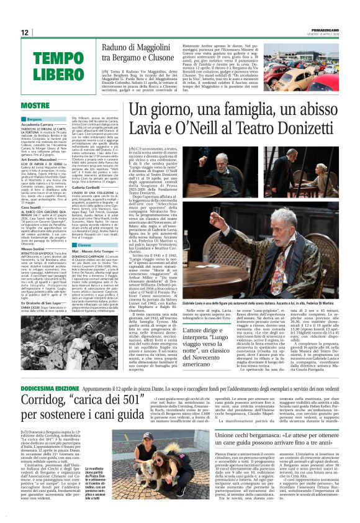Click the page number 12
(25, 32)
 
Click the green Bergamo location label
(52, 119)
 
